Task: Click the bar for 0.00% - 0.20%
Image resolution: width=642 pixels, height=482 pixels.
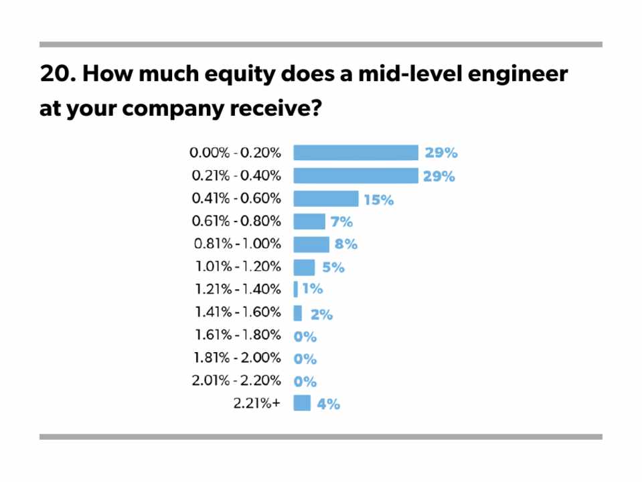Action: click(x=355, y=153)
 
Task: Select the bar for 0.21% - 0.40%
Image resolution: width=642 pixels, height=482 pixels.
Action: click(x=355, y=175)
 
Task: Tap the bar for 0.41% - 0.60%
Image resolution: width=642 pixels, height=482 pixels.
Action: click(x=326, y=198)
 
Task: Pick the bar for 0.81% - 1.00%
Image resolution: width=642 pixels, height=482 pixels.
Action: click(x=311, y=244)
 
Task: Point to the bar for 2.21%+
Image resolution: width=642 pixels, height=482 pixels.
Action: click(x=302, y=403)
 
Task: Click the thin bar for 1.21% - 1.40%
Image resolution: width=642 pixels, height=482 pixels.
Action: click(x=296, y=289)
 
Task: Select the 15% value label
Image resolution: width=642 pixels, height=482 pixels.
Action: click(x=378, y=199)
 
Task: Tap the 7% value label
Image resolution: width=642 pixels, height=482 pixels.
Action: click(x=341, y=222)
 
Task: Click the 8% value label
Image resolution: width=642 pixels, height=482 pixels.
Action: click(x=346, y=244)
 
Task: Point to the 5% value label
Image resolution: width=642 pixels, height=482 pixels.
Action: click(x=333, y=267)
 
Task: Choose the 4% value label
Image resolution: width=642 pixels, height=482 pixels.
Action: click(x=329, y=404)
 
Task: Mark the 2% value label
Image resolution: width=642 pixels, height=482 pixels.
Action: click(x=321, y=313)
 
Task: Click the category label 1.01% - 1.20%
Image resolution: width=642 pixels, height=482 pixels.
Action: click(x=238, y=267)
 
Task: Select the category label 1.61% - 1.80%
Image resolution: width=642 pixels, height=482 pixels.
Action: click(x=238, y=335)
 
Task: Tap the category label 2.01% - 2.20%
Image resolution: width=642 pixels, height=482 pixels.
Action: click(x=236, y=381)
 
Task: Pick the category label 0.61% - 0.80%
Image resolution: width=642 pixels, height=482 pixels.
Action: click(x=236, y=221)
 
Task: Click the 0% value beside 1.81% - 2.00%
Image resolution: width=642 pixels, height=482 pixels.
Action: click(x=305, y=358)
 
